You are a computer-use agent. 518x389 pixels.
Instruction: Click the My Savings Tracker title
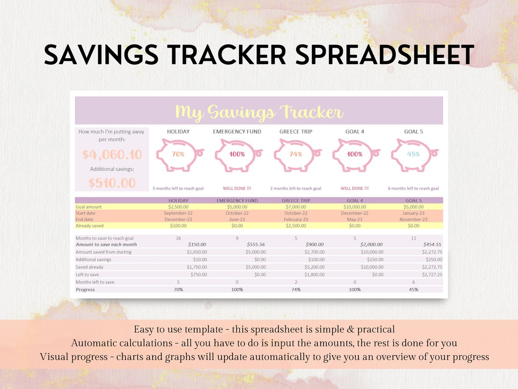coord(259,112)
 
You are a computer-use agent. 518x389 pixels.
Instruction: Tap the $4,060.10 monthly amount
coord(112,155)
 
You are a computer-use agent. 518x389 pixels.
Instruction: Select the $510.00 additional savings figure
coord(112,183)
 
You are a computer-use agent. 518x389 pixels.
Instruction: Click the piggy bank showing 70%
coord(179,154)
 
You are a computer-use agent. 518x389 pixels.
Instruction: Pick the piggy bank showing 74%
coord(296,154)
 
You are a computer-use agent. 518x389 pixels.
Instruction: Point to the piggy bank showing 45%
coord(413,154)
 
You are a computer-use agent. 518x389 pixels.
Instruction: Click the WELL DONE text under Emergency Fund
coord(237,188)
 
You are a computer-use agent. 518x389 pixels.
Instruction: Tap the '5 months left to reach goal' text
coord(178,188)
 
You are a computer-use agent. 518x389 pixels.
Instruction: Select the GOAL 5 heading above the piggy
coord(413,131)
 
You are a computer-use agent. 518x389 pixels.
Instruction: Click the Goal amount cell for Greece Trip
coord(296,207)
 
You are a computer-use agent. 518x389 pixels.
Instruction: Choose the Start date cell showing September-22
coord(178,213)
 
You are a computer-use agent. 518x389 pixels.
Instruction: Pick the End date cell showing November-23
coord(413,219)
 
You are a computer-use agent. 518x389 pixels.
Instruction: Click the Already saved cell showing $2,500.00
coord(296,226)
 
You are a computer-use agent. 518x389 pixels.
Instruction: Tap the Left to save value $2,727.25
coord(432,275)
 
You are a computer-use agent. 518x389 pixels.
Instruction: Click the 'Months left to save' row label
coord(95,282)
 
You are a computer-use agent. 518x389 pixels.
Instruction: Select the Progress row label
coord(85,290)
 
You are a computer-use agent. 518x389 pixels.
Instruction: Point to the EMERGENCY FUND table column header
coord(237,201)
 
